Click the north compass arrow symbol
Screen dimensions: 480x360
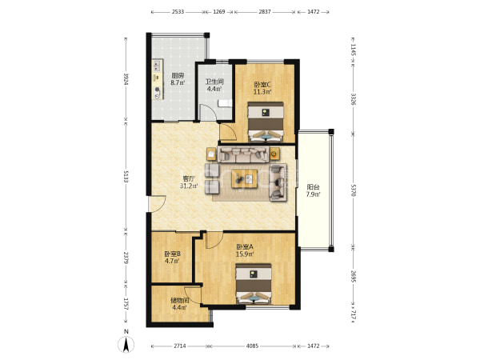coord(126,344)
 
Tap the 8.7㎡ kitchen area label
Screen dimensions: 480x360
coord(178,82)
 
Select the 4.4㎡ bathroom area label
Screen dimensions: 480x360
coord(214,89)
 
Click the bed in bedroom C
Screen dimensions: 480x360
coord(266,122)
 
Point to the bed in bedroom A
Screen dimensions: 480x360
coord(253,284)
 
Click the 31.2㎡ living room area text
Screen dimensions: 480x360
coord(189,186)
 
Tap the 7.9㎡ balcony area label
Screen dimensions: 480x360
coord(313,194)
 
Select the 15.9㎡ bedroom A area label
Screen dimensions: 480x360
coord(245,254)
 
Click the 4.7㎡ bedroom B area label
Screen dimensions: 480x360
coord(172,261)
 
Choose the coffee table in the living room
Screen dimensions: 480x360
coord(244,178)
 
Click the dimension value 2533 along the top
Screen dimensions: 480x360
coord(178,12)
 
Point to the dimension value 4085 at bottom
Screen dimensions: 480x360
coord(252,346)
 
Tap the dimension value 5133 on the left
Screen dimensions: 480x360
coord(126,175)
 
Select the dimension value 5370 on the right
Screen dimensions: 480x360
coord(354,190)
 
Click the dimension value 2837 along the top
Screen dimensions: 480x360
coord(265,12)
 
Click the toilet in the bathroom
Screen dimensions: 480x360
coord(225,103)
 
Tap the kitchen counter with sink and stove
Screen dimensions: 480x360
coord(158,79)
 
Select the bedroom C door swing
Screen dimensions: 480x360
coord(228,132)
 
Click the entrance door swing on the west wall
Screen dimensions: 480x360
coord(157,203)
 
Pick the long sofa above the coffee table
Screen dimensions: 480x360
coord(243,154)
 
